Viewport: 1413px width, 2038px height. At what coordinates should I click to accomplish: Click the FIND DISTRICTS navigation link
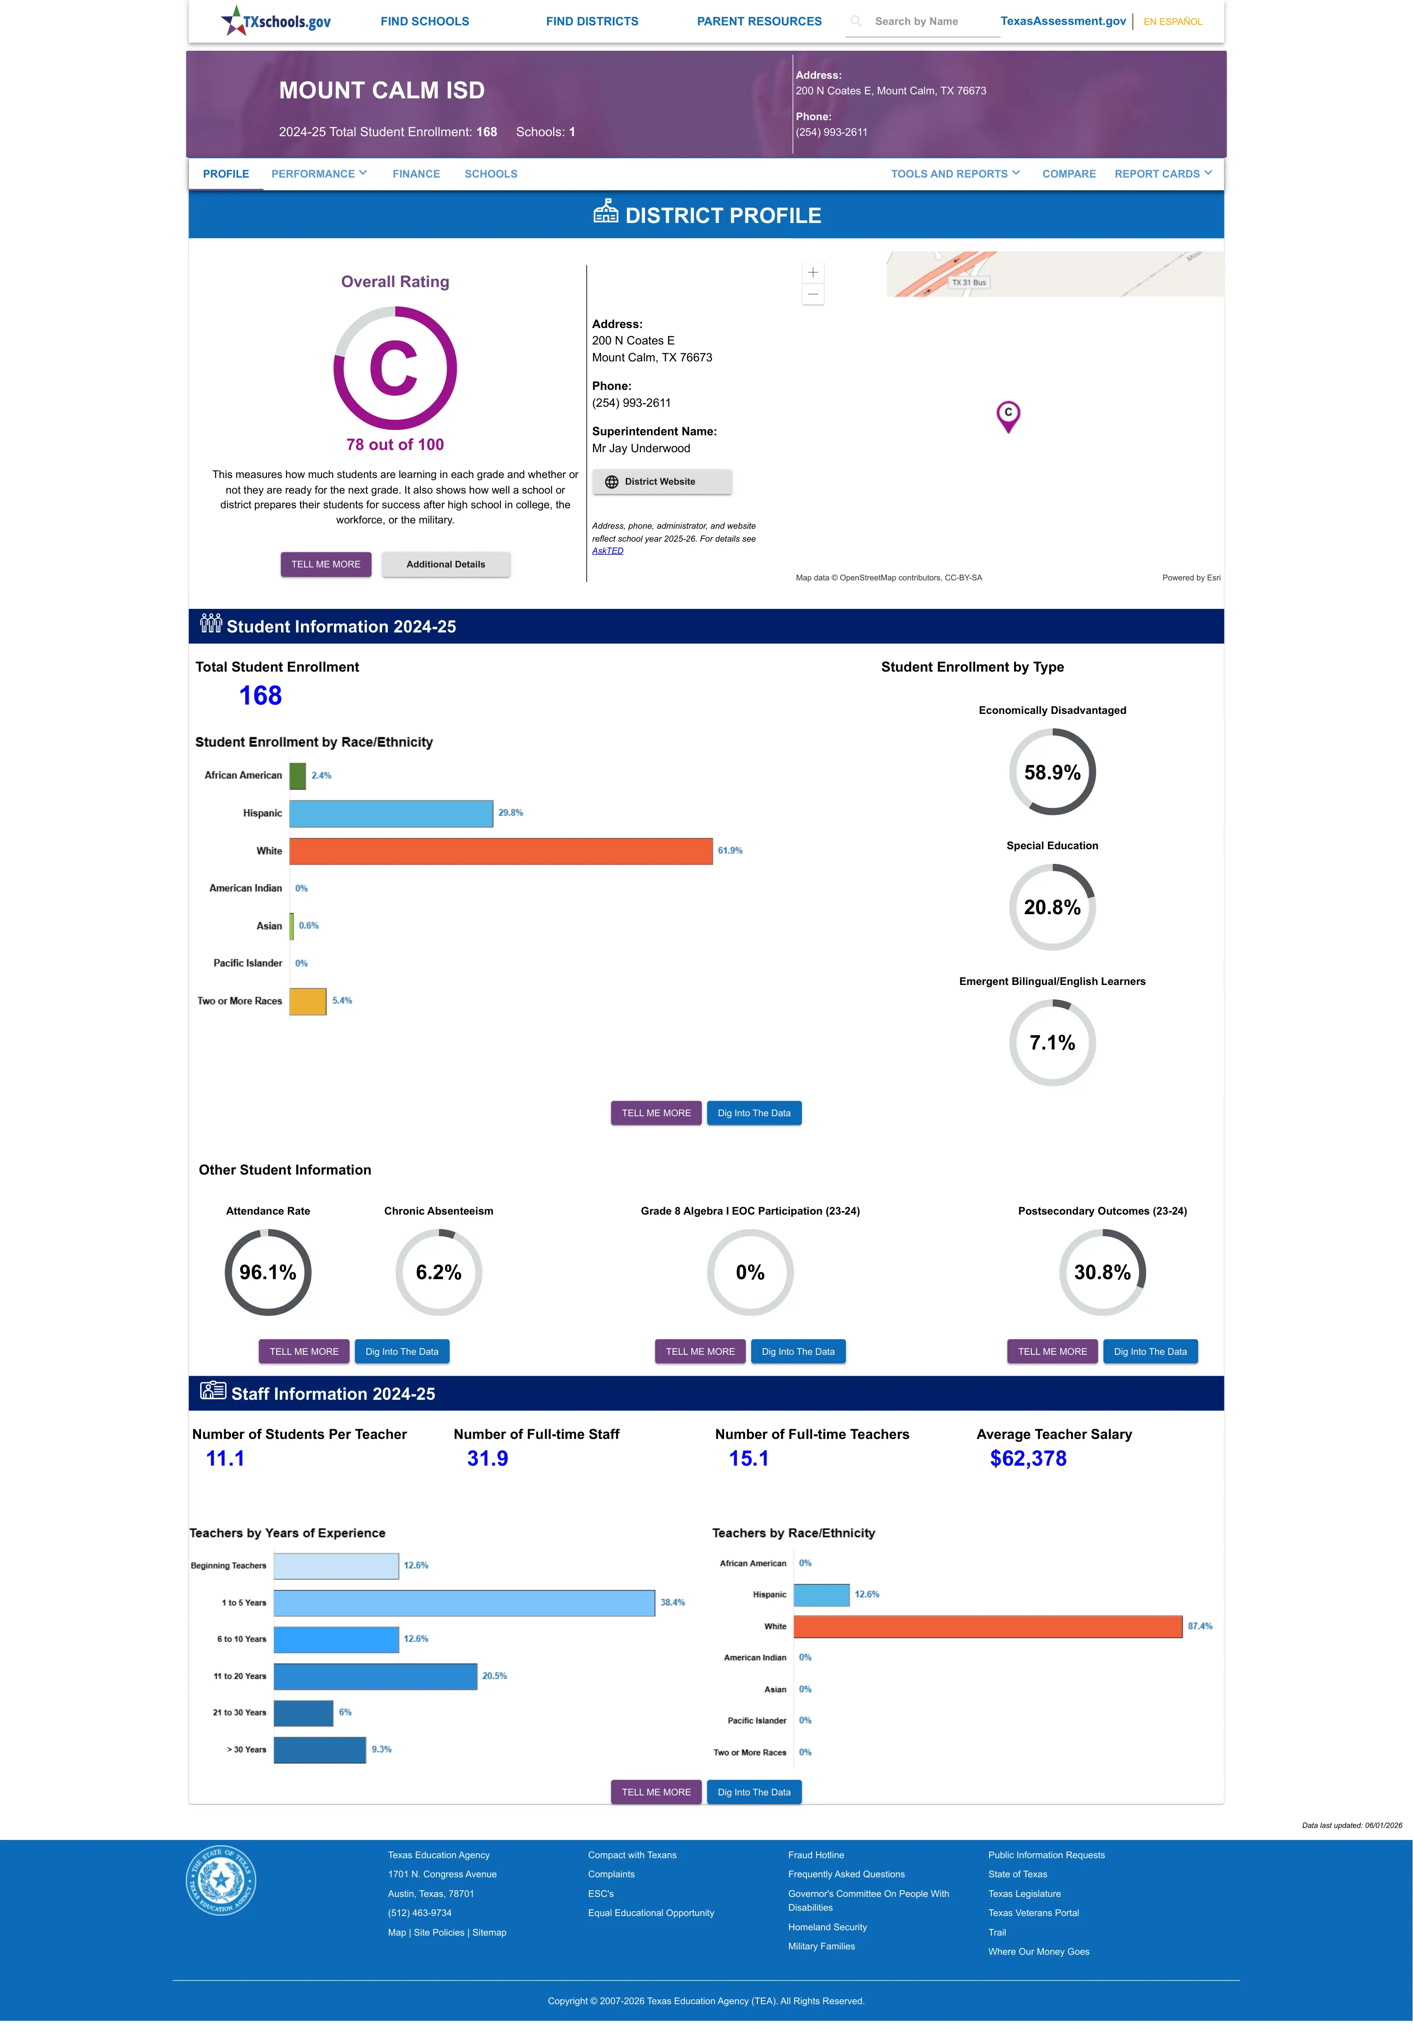click(592, 21)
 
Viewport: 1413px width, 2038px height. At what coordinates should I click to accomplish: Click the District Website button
click(661, 482)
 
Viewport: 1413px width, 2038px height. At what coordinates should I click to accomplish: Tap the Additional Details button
click(445, 564)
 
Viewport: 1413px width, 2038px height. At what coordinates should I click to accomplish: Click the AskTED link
click(608, 551)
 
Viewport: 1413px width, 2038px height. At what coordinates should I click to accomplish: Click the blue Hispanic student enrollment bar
click(391, 813)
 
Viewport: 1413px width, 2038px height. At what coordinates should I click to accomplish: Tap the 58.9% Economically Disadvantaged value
click(1052, 772)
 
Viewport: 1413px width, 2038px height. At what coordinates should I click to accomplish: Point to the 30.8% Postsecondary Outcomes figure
click(1102, 1273)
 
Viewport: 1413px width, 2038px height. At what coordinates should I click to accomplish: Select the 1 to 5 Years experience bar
click(464, 1603)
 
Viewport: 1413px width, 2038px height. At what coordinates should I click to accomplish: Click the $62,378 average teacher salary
click(1028, 1459)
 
